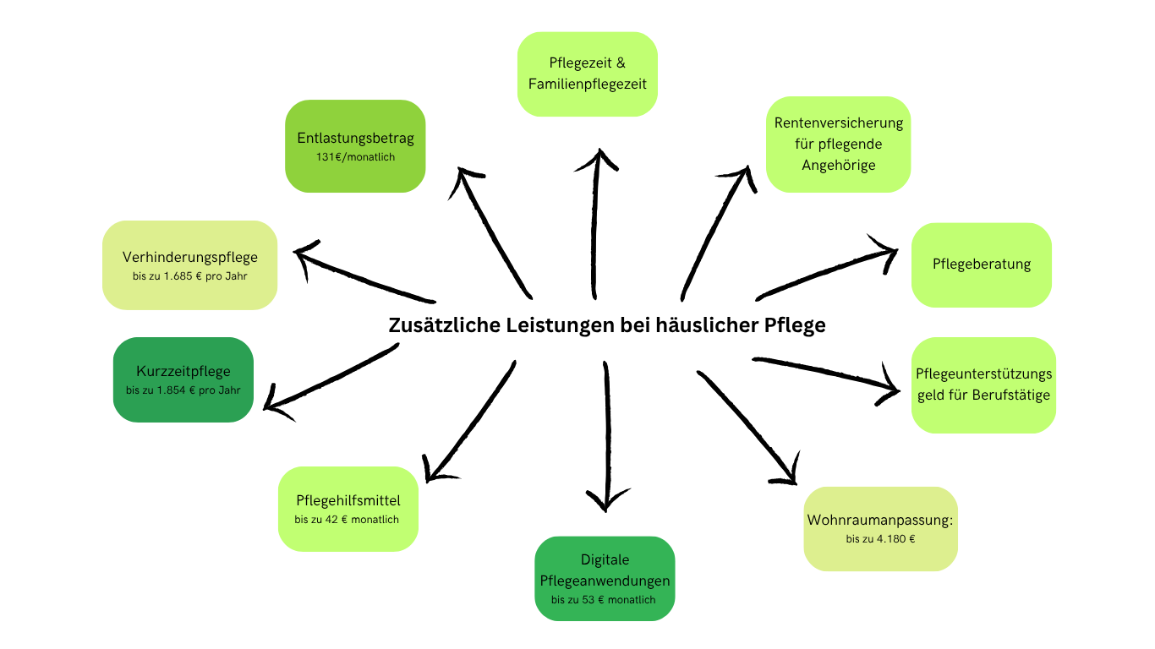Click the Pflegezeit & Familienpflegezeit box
[x=587, y=74]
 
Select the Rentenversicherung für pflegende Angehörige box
[x=838, y=145]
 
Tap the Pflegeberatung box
[x=981, y=265]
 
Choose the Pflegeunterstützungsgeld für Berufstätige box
[x=983, y=385]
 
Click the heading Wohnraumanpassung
[x=879, y=520]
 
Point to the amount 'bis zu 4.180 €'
[x=880, y=539]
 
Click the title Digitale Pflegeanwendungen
[x=605, y=570]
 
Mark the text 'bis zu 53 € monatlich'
[x=604, y=600]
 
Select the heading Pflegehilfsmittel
[x=348, y=500]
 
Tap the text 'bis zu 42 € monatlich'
[x=347, y=520]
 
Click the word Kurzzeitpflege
[x=183, y=371]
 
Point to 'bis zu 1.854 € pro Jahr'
[x=183, y=390]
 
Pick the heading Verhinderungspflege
[x=189, y=257]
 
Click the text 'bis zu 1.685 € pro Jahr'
[x=189, y=276]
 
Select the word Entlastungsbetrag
[x=355, y=138]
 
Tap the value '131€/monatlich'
[x=355, y=157]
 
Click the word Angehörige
[x=838, y=165]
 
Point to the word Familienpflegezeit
[x=587, y=84]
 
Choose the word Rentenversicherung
[x=838, y=123]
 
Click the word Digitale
[x=605, y=559]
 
